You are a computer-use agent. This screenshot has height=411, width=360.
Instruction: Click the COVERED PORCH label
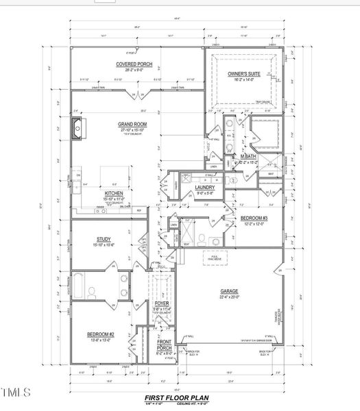click(x=134, y=64)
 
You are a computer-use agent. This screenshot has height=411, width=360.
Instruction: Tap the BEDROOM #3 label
click(x=254, y=218)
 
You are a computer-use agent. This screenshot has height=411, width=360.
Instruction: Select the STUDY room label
click(x=104, y=239)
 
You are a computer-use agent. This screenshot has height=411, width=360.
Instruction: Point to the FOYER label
click(x=161, y=303)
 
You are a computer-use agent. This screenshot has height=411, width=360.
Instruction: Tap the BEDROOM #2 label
click(x=101, y=334)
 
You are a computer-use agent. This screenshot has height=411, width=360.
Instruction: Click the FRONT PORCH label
click(x=165, y=345)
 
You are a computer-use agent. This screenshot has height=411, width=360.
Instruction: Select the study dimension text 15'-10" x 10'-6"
click(x=104, y=245)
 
